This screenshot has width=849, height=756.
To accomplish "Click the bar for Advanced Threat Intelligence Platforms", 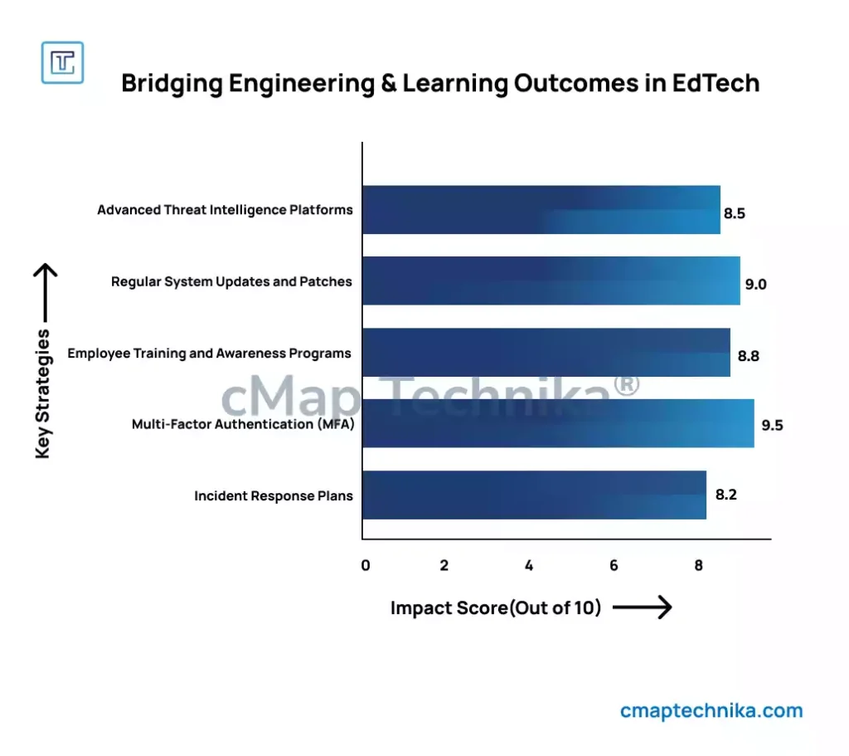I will [x=541, y=210].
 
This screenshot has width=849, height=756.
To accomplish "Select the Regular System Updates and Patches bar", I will [x=551, y=281].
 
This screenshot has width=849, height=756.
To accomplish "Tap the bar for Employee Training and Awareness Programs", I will [x=546, y=353].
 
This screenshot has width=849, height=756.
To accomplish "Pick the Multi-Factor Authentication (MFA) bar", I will [x=558, y=424].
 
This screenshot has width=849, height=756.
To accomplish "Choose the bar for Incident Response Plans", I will [x=534, y=495].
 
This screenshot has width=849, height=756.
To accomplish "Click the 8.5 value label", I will [x=735, y=213].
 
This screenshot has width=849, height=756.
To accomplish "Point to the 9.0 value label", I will [x=755, y=285].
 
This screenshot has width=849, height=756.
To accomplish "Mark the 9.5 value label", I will [x=773, y=426].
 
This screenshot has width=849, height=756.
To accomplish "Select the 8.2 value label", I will [x=726, y=495].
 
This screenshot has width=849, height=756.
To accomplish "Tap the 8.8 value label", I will [x=748, y=356].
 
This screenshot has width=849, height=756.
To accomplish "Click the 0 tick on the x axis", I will [x=366, y=566].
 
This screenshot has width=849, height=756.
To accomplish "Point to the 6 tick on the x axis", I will [x=614, y=566].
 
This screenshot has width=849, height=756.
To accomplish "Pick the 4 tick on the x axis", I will [x=529, y=566].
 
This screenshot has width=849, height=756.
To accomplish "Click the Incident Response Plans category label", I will [x=274, y=496].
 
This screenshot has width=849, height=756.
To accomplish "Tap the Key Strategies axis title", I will [x=43, y=393].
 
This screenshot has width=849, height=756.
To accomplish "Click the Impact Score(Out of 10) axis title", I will [x=496, y=608].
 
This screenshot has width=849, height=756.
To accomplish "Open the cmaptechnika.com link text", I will [x=711, y=710].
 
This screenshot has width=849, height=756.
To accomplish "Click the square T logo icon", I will [x=62, y=62].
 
